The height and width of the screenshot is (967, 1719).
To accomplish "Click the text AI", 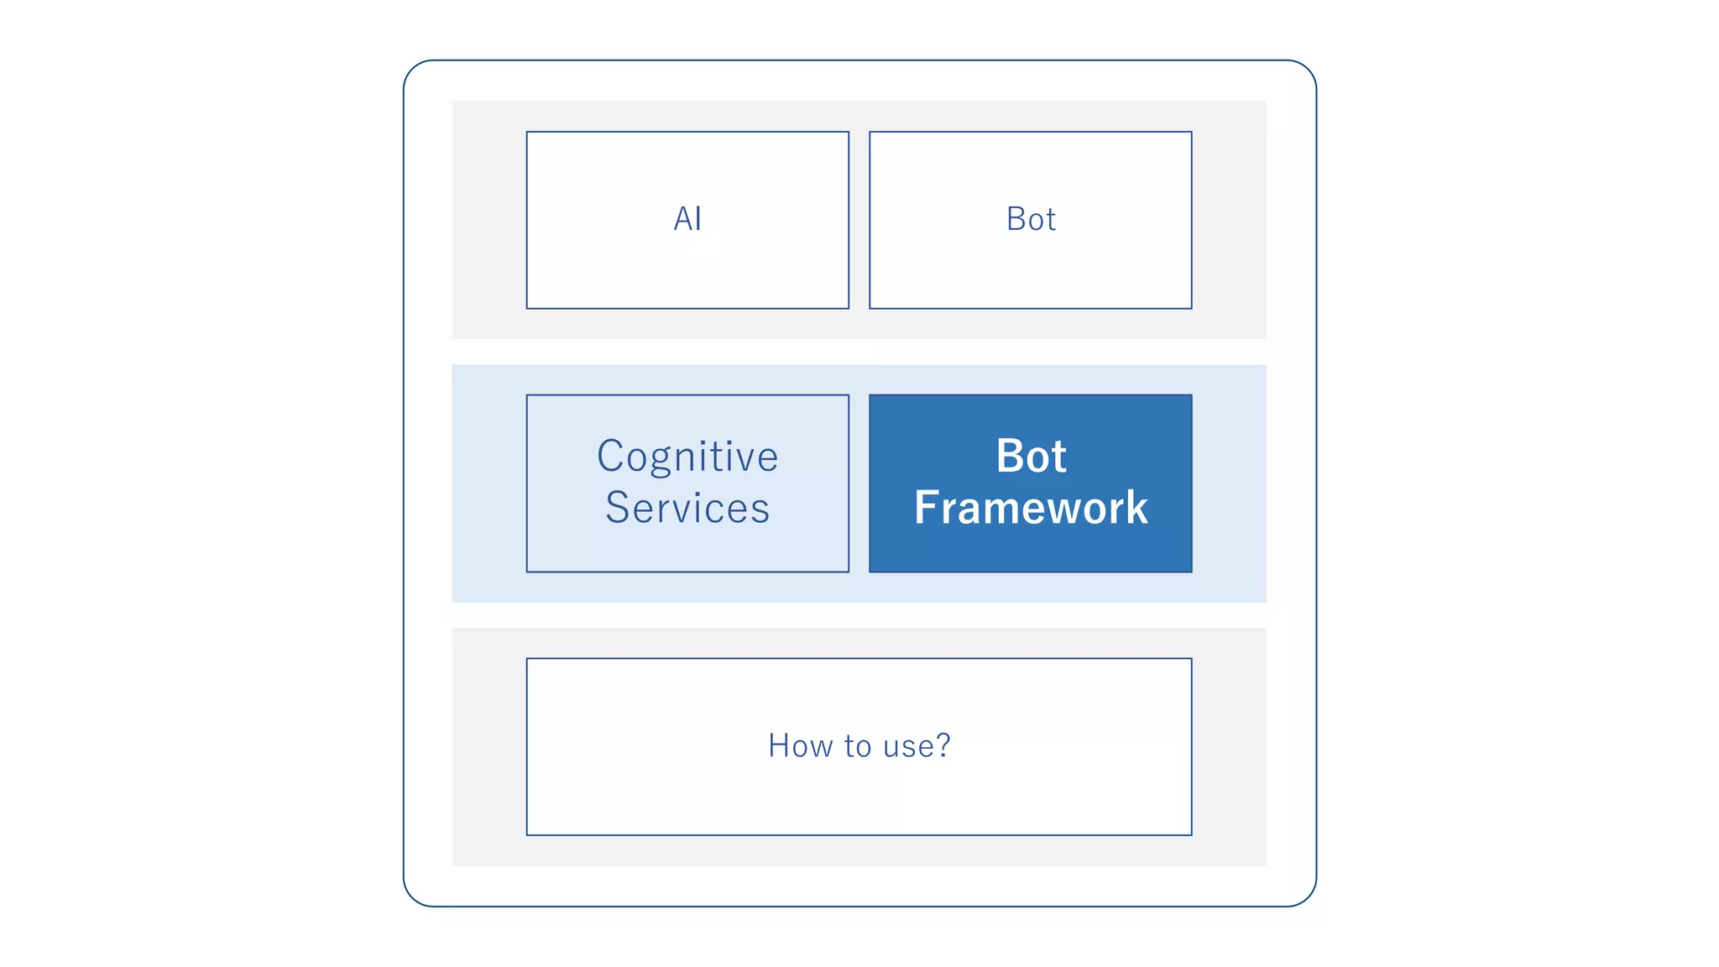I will (687, 219).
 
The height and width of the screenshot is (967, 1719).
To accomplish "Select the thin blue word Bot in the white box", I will (1031, 219).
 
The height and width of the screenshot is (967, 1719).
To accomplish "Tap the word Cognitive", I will (687, 457).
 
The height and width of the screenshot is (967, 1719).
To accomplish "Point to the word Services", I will (687, 508).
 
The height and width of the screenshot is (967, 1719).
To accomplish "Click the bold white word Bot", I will (1031, 457).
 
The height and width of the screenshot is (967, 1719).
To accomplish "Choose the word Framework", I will (1031, 508).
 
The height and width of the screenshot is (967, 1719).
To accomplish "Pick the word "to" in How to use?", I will (858, 745).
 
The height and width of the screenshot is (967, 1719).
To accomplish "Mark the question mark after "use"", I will (943, 745).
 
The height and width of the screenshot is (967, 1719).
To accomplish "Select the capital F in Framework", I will (927, 508).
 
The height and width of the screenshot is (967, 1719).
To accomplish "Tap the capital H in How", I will (780, 745).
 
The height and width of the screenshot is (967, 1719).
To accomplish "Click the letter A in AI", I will (683, 219).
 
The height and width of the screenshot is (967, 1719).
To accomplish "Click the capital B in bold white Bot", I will (1011, 457).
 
